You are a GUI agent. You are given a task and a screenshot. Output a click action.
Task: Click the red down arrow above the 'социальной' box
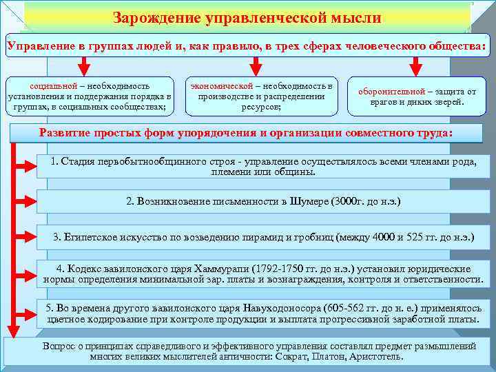coord(83,65)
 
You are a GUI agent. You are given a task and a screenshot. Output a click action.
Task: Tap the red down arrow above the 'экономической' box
coord(255,65)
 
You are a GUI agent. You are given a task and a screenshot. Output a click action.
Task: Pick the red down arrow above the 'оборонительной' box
coord(415,65)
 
